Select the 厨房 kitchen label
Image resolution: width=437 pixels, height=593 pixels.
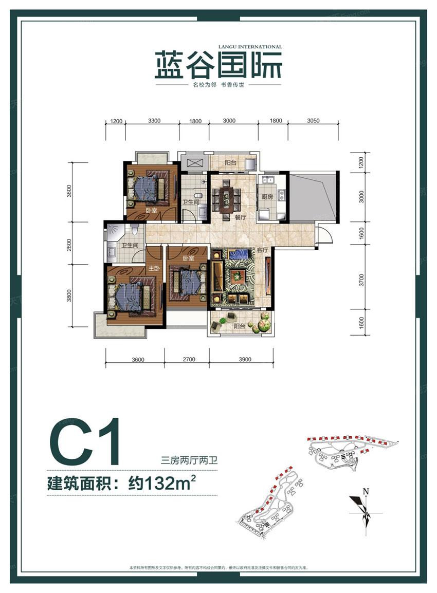[267, 196]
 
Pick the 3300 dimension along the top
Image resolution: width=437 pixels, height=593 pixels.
[154, 121]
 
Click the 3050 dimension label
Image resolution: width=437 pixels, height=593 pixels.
[313, 121]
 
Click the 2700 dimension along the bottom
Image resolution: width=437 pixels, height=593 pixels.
[188, 359]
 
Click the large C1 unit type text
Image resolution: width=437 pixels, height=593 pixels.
[85, 441]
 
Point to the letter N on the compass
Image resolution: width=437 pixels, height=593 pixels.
[366, 491]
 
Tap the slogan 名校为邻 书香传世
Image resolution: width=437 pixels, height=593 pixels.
[218, 85]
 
